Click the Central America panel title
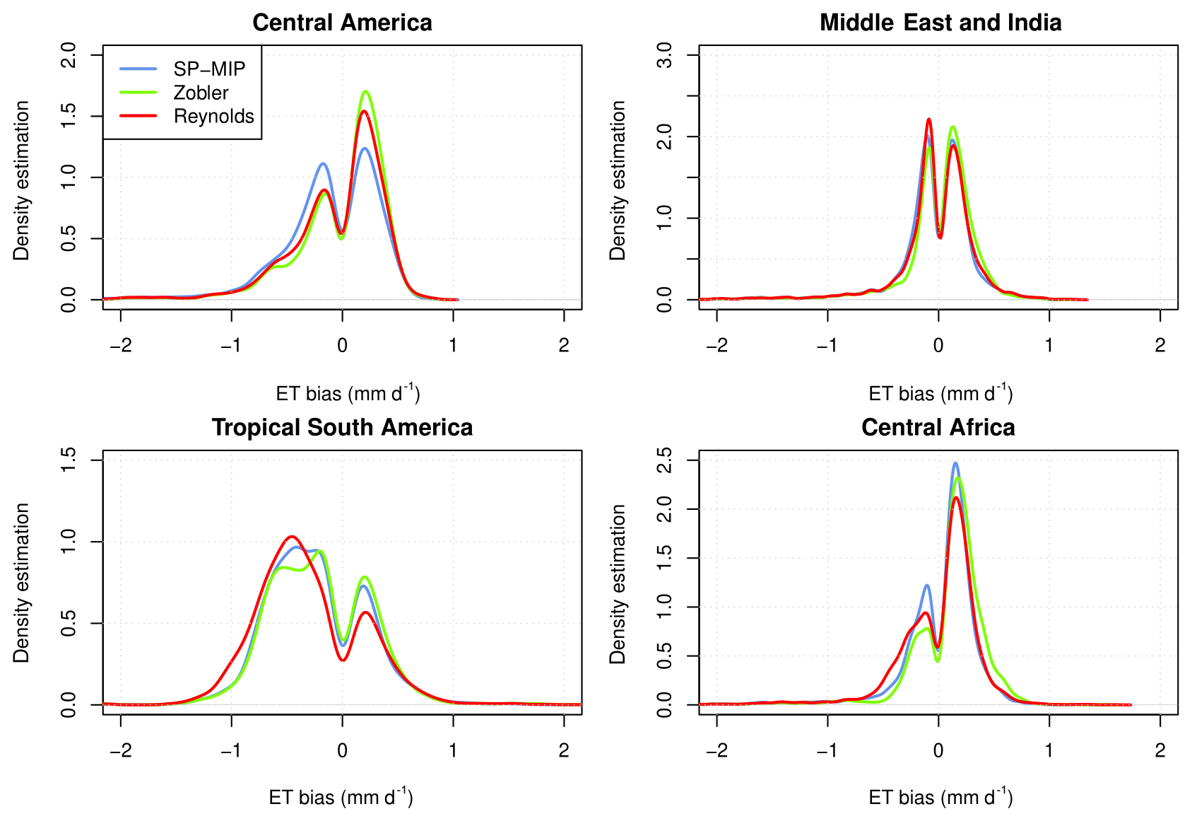tap(342, 23)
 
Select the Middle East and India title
tap(940, 23)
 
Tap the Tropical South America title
tap(342, 427)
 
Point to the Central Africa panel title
tap(938, 427)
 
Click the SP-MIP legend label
tap(209, 69)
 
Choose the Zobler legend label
tap(201, 93)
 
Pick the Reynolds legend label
tap(213, 116)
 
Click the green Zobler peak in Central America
tap(365, 91)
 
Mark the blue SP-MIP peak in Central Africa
tap(955, 463)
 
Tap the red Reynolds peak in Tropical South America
tap(292, 536)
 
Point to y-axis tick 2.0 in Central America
tap(69, 54)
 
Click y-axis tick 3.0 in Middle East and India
tap(665, 54)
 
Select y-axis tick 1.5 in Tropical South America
tap(69, 460)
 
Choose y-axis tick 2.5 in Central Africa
tap(665, 460)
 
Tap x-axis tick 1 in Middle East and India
tap(1049, 346)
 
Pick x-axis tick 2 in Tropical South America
tap(564, 750)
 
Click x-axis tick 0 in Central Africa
tap(938, 750)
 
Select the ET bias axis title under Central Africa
tap(940, 798)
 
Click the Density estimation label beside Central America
tap(22, 180)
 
